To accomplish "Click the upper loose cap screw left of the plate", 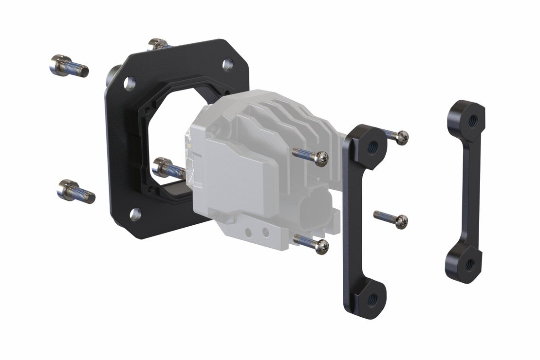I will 68,66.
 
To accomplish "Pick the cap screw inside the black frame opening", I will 168,168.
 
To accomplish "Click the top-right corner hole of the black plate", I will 227,64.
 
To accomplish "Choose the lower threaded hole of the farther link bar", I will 469,265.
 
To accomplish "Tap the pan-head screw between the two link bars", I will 391,219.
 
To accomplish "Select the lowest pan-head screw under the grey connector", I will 312,244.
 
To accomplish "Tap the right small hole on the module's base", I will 265,233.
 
